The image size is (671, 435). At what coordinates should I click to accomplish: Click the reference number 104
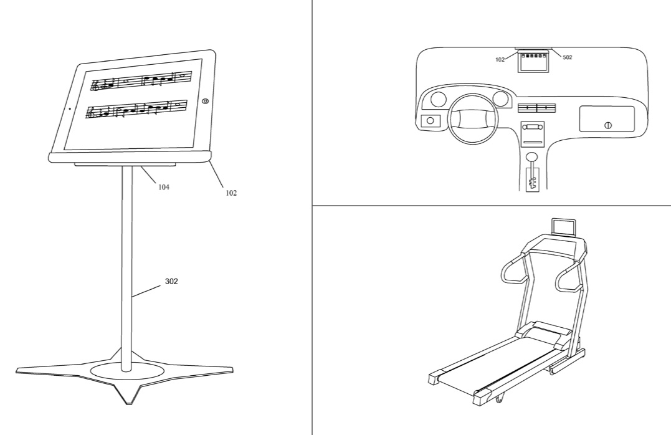pos(163,187)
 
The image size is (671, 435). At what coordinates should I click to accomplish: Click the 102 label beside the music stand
pos(231,193)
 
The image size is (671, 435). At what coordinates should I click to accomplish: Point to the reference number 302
pos(171,281)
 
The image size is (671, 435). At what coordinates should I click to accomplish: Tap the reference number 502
pos(567,57)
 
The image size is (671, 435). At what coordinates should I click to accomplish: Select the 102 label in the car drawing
pos(500,60)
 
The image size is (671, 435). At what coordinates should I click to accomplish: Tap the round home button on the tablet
pos(206,101)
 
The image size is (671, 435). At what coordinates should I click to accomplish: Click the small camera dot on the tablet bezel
pos(70,108)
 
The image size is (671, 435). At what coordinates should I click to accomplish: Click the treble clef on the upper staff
pos(96,85)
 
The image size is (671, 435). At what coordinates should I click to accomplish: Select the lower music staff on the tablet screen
pos(136,110)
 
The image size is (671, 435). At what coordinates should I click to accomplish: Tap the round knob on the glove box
pos(607,125)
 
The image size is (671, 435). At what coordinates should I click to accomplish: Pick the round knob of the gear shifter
pos(532,156)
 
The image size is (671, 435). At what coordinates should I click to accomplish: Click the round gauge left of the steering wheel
pos(438,99)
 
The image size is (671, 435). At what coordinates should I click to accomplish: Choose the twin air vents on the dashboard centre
pos(536,107)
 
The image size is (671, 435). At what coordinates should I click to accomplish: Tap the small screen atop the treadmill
pos(563,227)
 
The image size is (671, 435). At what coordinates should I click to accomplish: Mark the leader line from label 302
pos(148,291)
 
